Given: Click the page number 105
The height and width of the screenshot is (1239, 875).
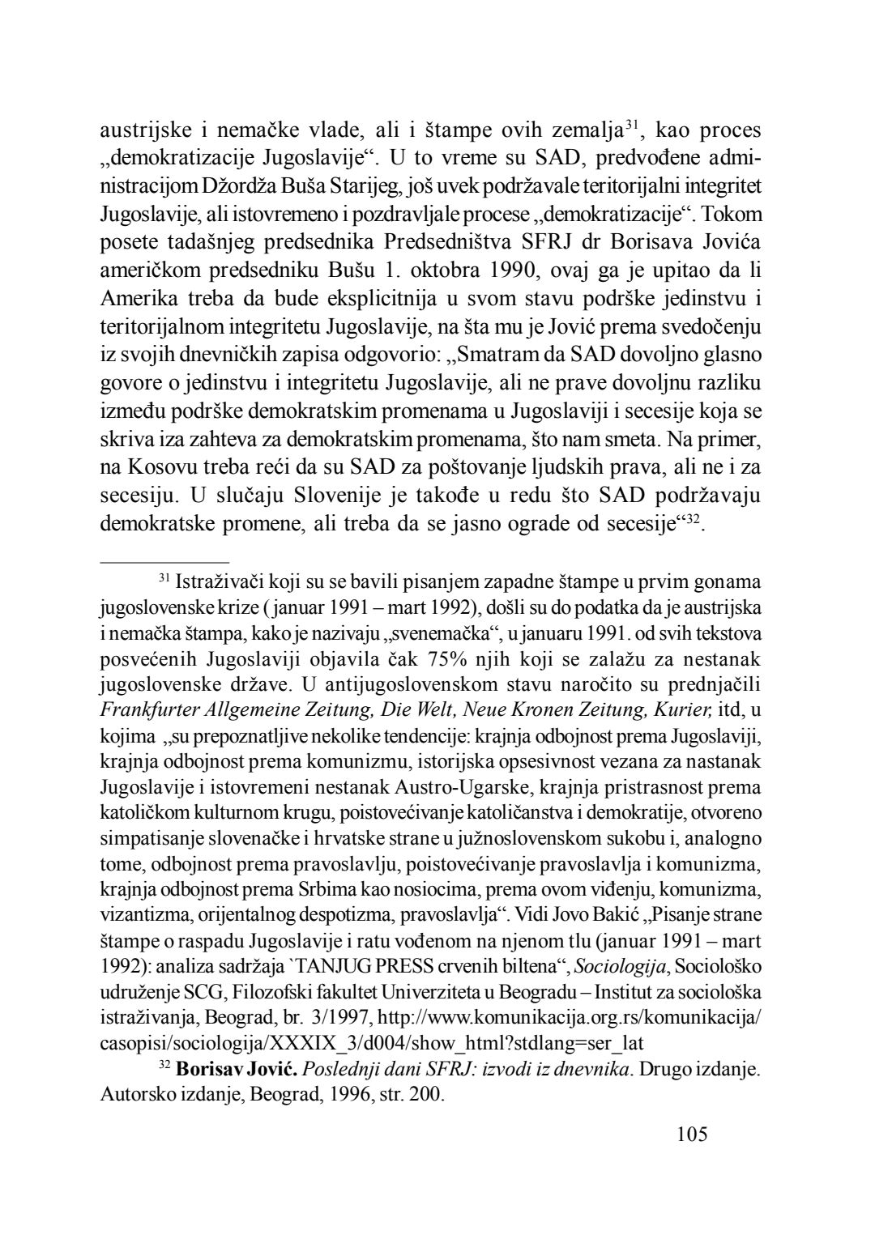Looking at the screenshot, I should [691, 1134].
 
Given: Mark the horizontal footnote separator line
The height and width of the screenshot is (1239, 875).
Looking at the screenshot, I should [164, 560].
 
